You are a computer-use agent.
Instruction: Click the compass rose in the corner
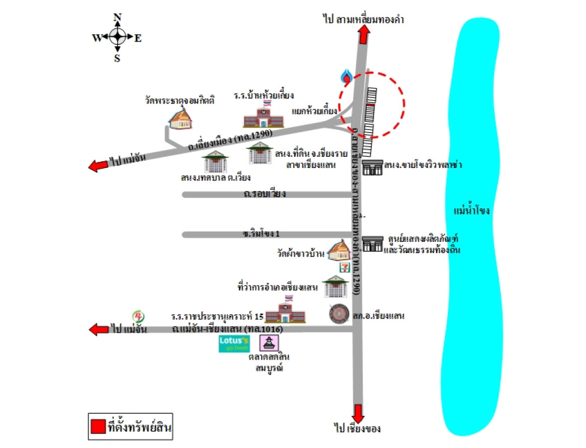pyautogui.click(x=117, y=38)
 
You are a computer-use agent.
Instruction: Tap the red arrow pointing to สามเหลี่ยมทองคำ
pyautogui.click(x=364, y=35)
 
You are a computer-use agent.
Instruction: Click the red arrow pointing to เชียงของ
pyautogui.click(x=358, y=413)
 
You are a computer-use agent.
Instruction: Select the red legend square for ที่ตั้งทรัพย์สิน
pyautogui.click(x=97, y=428)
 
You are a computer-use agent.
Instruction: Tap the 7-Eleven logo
pyautogui.click(x=341, y=267)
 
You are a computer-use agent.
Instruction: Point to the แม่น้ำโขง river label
pyautogui.click(x=471, y=211)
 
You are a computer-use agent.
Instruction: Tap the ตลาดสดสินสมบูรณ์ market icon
pyautogui.click(x=271, y=342)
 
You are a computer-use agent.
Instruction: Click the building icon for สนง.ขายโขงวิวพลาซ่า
pyautogui.click(x=372, y=167)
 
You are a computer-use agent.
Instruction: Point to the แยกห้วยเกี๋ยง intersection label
pyautogui.click(x=315, y=111)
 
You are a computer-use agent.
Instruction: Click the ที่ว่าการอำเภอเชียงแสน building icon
pyautogui.click(x=335, y=287)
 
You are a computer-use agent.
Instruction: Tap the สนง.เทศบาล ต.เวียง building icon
pyautogui.click(x=215, y=162)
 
